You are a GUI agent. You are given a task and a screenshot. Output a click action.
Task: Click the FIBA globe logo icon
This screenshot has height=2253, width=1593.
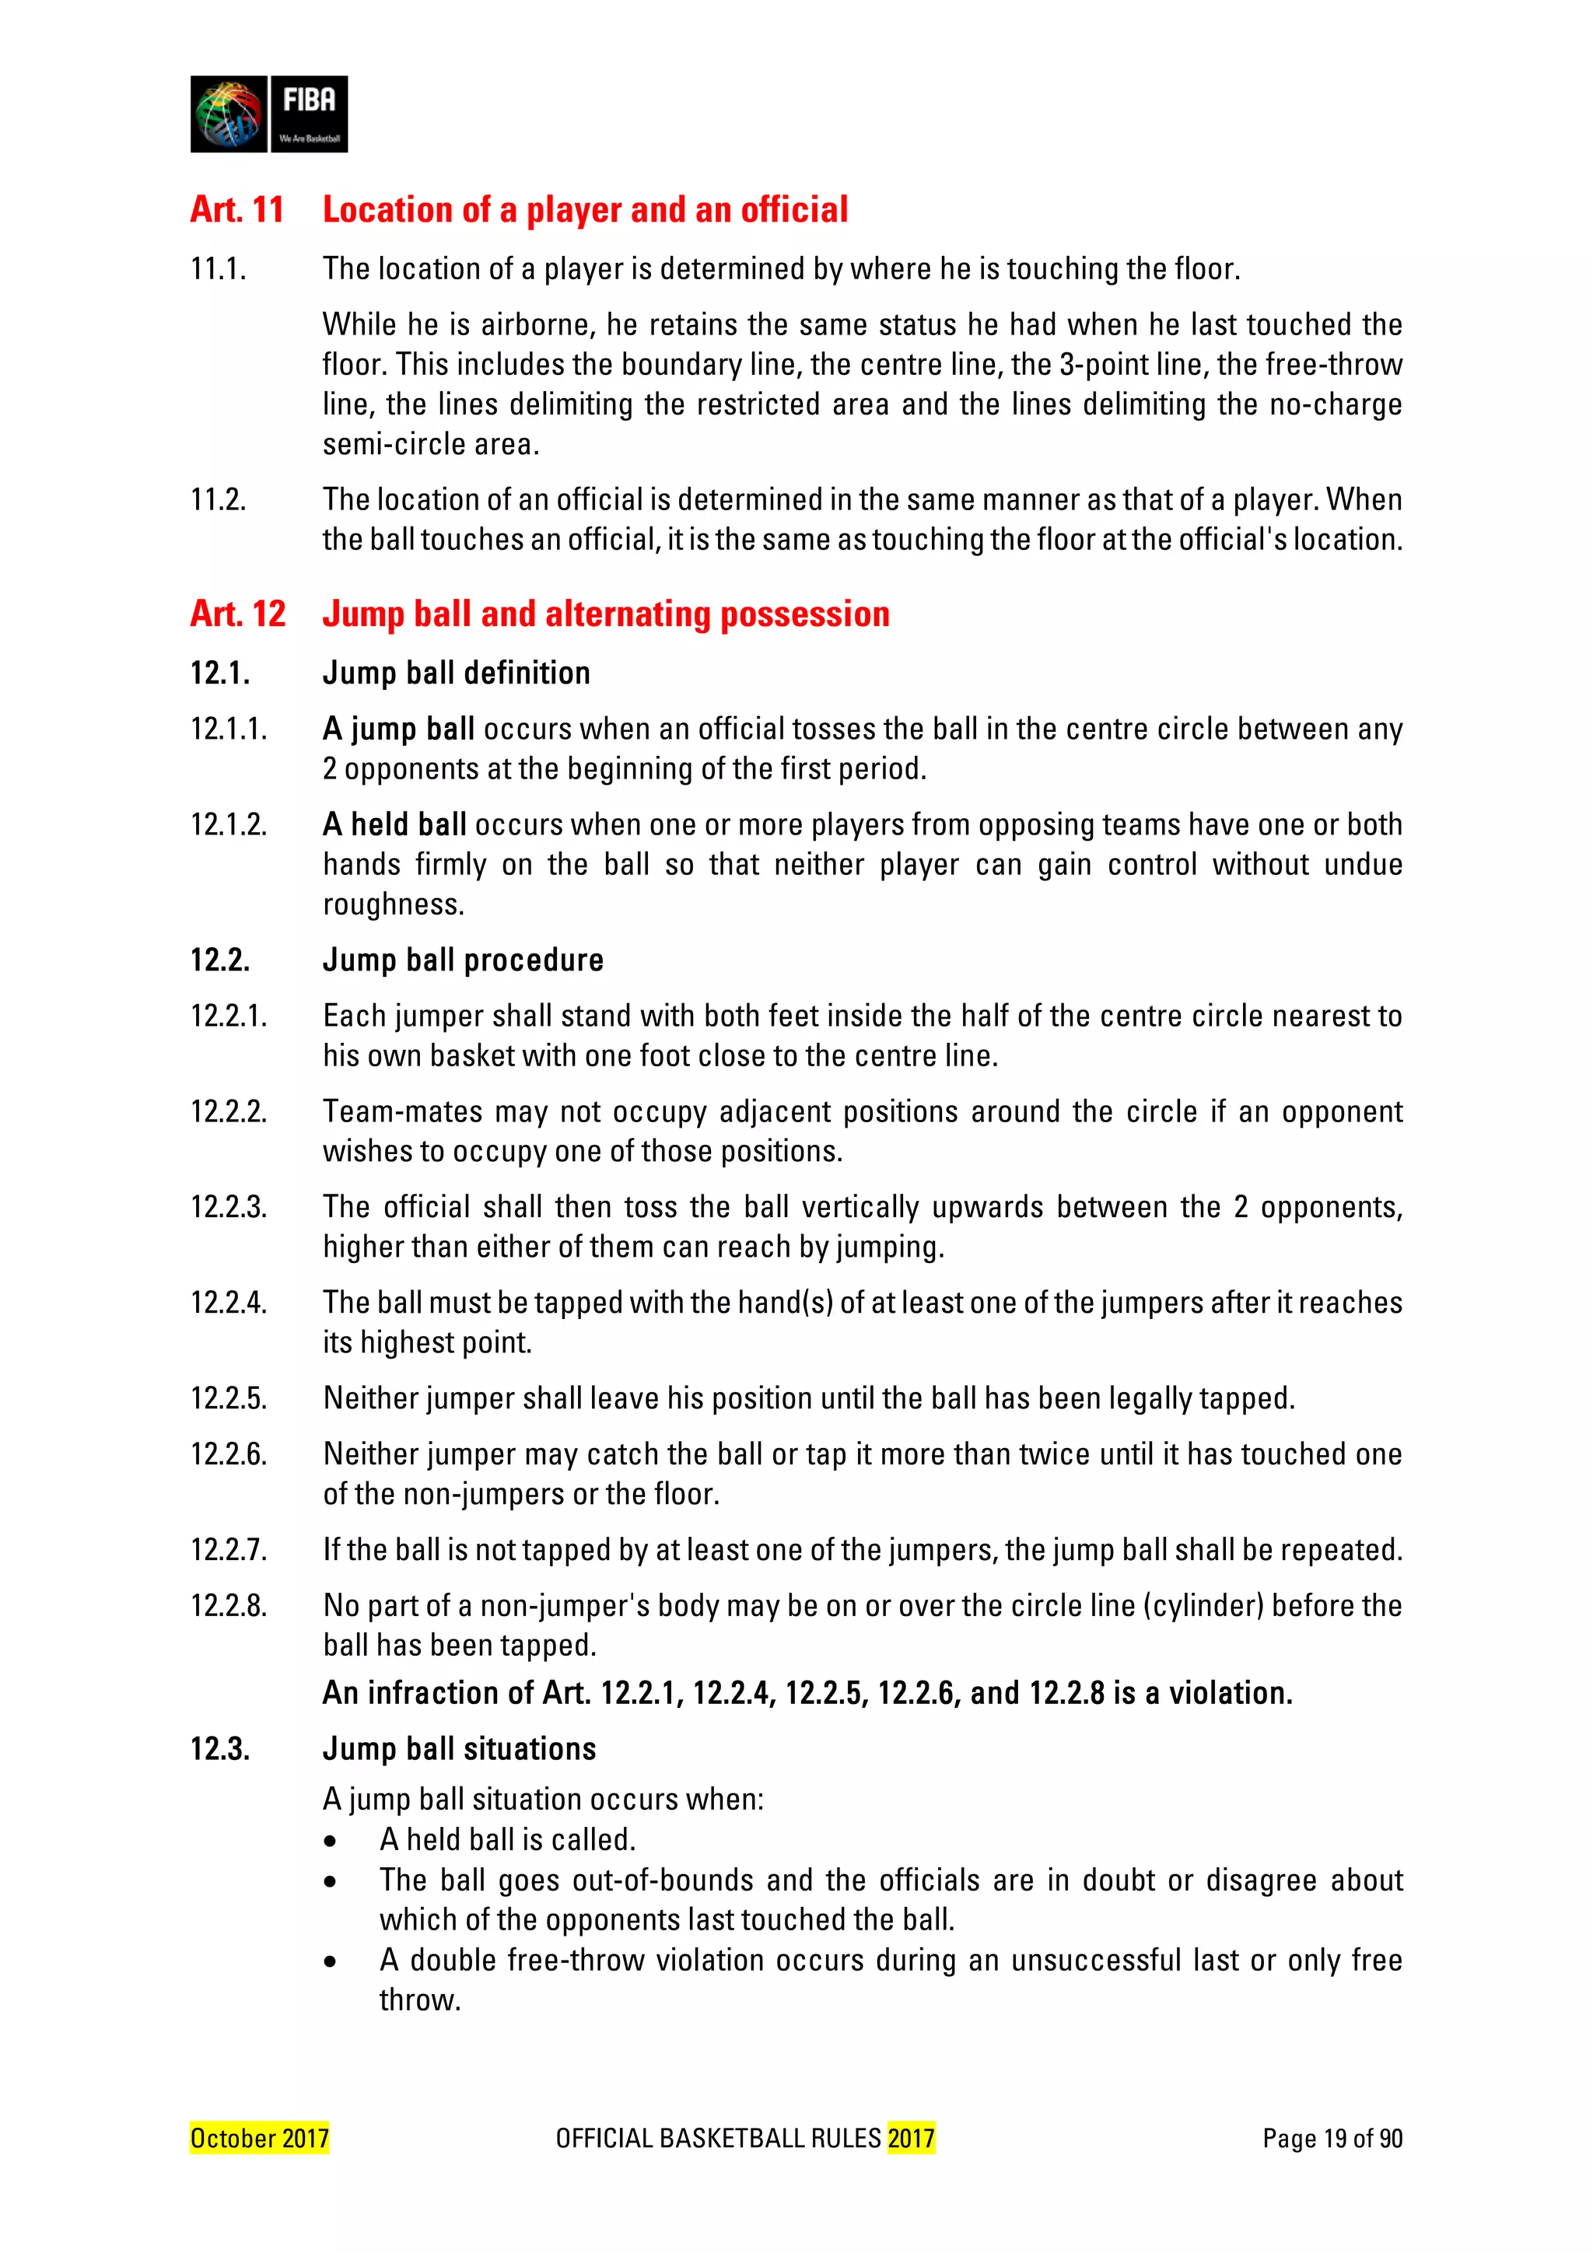point(229,114)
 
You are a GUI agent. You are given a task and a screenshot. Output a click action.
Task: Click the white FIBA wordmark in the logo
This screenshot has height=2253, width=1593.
point(308,101)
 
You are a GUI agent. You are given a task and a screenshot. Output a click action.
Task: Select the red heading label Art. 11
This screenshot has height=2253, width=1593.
point(236,210)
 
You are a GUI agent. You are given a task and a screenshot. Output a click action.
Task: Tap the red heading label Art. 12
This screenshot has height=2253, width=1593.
point(237,614)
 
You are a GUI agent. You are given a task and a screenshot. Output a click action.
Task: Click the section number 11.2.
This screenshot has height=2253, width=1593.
point(218,499)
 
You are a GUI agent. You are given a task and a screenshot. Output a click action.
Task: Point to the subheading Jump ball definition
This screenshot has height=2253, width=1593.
point(457,673)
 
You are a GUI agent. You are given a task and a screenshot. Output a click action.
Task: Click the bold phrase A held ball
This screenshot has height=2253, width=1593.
point(394,824)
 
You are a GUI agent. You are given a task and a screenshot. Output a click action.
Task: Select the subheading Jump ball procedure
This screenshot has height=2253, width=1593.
point(462,960)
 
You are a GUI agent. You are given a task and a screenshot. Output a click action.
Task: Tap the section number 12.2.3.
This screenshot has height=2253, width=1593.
point(229,1207)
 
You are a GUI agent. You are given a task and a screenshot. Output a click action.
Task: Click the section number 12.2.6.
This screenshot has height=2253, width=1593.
point(229,1454)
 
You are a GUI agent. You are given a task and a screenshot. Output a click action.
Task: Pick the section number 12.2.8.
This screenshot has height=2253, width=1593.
point(229,1605)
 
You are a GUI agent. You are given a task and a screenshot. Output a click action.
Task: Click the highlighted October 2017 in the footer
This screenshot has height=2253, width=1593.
point(259,2138)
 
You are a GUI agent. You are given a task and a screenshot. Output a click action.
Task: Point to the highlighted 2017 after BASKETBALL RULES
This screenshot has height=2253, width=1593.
point(911,2138)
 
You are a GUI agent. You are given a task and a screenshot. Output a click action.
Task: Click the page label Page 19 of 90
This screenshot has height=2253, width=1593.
point(1332,2138)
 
